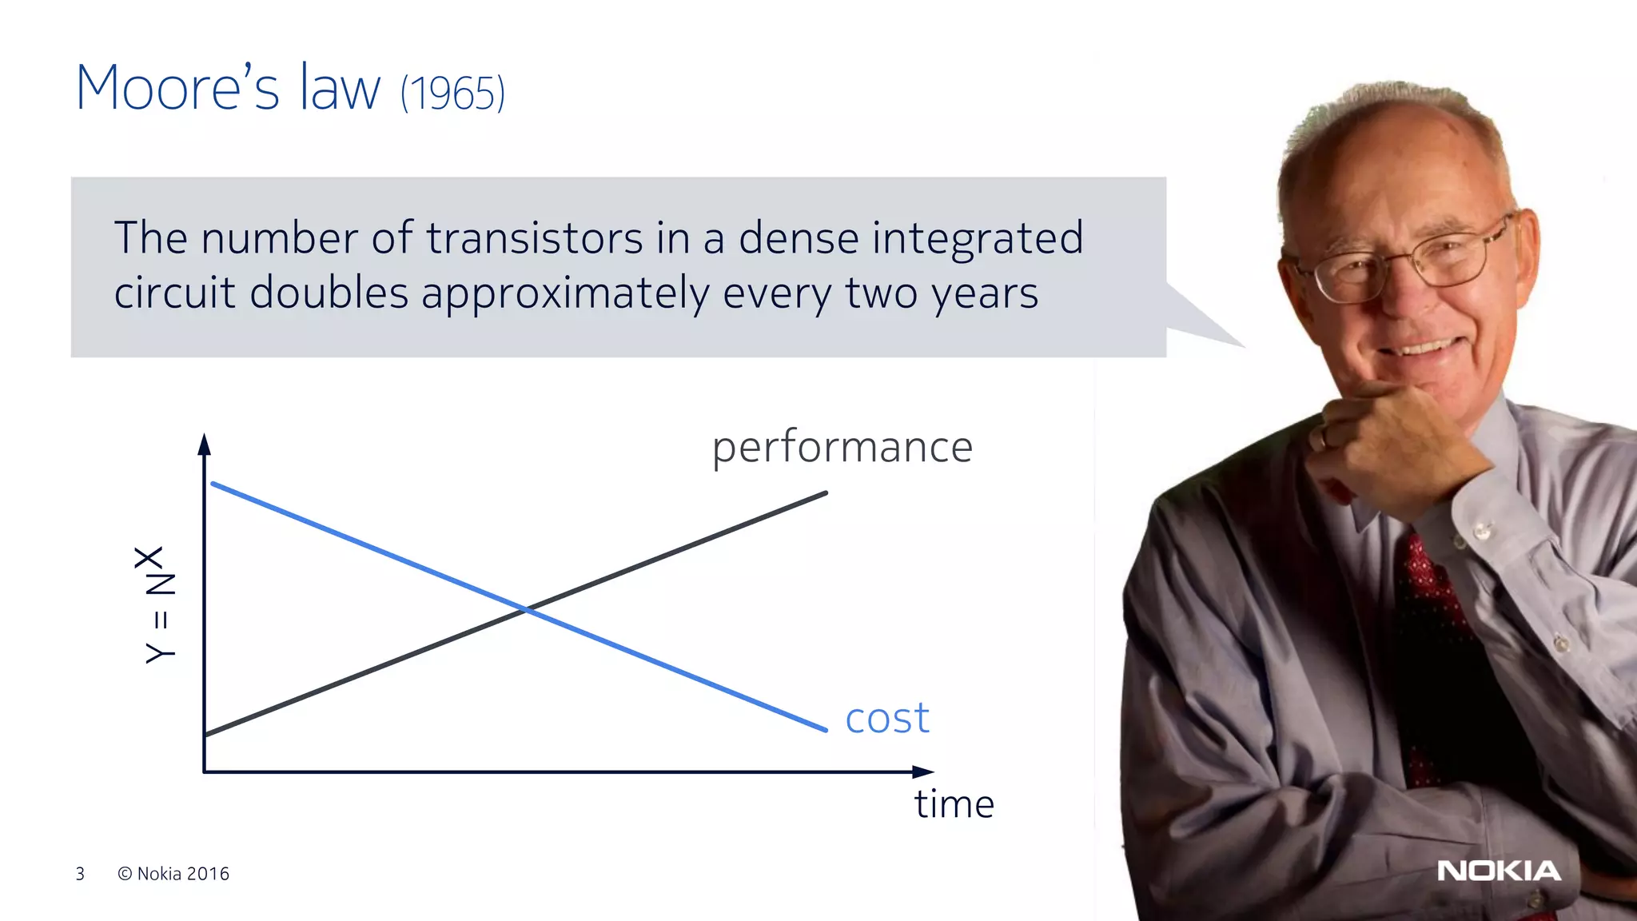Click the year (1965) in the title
(x=452, y=94)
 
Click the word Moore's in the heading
(x=177, y=87)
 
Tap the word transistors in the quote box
(x=534, y=238)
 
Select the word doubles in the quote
(x=329, y=293)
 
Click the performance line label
(x=842, y=446)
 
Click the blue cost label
(x=886, y=717)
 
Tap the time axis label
(x=954, y=803)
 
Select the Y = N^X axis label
(x=159, y=605)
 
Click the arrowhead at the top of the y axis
(x=204, y=444)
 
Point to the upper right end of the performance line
(x=825, y=493)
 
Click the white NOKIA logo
(x=1498, y=871)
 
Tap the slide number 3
(x=80, y=874)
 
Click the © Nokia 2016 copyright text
(x=173, y=874)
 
